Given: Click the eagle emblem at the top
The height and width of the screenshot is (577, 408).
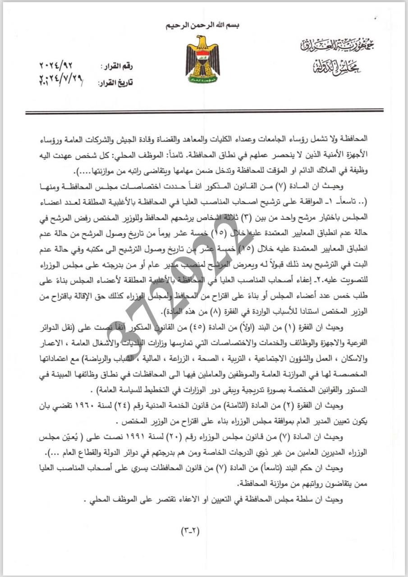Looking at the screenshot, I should coord(202,59).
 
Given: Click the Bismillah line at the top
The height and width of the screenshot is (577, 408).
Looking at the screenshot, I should coord(203,25).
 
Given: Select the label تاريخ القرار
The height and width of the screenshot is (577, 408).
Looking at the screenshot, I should coord(115,83).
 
